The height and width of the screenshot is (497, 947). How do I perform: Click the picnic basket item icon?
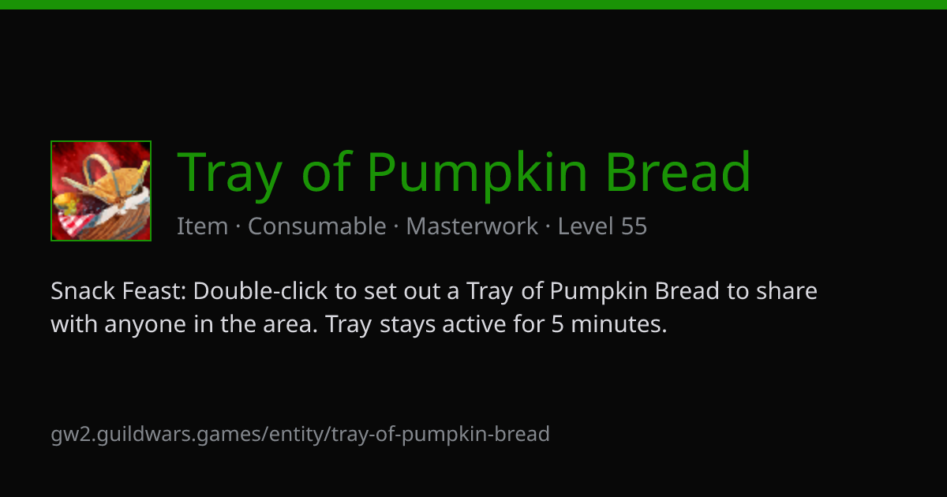101,191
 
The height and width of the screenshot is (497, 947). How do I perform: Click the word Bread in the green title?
678,171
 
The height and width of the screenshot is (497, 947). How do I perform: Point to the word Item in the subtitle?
203,226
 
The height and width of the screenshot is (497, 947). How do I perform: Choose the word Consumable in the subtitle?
317,226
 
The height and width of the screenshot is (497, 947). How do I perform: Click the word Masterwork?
472,226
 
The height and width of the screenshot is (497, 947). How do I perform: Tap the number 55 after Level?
634,226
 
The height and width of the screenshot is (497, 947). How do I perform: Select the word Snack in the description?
83,291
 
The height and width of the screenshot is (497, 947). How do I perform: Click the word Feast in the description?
155,291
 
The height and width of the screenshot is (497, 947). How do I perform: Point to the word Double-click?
260,291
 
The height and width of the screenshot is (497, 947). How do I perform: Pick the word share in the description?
786,291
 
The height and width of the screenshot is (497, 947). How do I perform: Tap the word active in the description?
474,324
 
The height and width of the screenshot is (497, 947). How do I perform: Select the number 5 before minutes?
558,324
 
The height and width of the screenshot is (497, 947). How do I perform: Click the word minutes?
619,324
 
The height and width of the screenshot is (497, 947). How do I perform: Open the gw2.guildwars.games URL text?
300,435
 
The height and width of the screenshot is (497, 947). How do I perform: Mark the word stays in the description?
407,325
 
